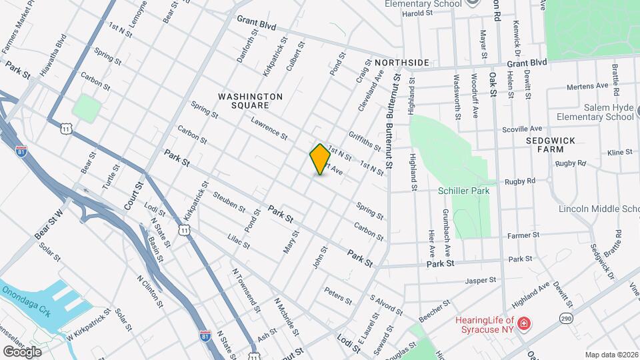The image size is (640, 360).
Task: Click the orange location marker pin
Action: (x=320, y=159)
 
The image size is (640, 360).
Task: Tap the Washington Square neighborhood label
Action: (x=251, y=101)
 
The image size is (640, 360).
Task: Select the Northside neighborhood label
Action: (x=401, y=63)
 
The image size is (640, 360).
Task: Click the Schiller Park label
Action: (x=464, y=191)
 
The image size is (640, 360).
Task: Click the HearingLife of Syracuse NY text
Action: (x=485, y=324)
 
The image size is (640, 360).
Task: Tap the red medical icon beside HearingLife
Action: (x=525, y=324)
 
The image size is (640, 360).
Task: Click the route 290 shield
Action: (x=567, y=318)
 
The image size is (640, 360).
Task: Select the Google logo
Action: (x=22, y=351)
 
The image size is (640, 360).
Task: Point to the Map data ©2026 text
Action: (x=611, y=355)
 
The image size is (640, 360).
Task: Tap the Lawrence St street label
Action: (x=269, y=129)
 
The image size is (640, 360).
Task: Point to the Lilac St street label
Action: (x=238, y=241)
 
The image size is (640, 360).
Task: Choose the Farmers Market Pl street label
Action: (x=20, y=27)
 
